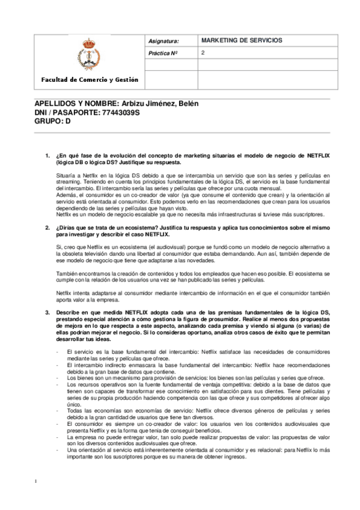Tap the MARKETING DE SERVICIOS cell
coord(241,41)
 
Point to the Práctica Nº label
coord(164,54)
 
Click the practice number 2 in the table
coord(204,53)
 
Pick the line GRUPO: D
coord(53,120)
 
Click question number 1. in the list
coord(48,156)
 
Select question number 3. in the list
coord(48,313)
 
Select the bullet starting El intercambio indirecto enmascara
coord(198,367)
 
